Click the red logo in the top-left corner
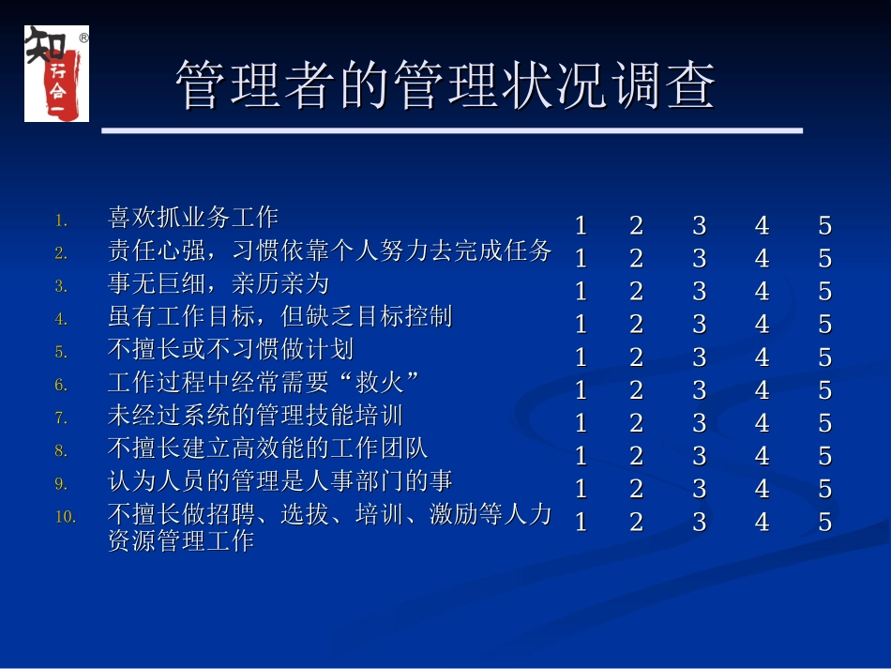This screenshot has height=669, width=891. (x=56, y=73)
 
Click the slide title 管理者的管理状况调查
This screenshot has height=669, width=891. (x=445, y=86)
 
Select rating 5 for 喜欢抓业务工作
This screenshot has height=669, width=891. (x=824, y=226)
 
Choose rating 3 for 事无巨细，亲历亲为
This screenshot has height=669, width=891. (x=699, y=292)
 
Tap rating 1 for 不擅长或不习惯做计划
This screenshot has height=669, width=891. (x=581, y=357)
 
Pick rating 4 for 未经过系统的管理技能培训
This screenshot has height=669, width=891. (x=762, y=423)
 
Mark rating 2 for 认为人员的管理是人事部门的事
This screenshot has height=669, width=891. (x=636, y=489)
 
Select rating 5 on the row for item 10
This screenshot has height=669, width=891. (x=824, y=523)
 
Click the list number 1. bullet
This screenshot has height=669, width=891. (x=61, y=220)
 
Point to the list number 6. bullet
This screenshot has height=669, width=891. (x=61, y=385)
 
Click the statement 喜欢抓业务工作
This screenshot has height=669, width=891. (x=193, y=218)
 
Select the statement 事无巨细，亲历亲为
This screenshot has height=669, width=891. (x=219, y=283)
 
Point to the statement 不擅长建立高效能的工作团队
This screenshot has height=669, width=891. (x=268, y=448)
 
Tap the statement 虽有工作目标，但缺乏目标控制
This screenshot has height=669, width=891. (x=280, y=316)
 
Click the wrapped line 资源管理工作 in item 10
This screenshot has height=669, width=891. (x=181, y=540)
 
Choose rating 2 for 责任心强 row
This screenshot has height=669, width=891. (x=636, y=258)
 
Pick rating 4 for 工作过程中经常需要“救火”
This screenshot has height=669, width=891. (x=762, y=390)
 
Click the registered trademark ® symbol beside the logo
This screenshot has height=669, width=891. (x=83, y=39)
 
